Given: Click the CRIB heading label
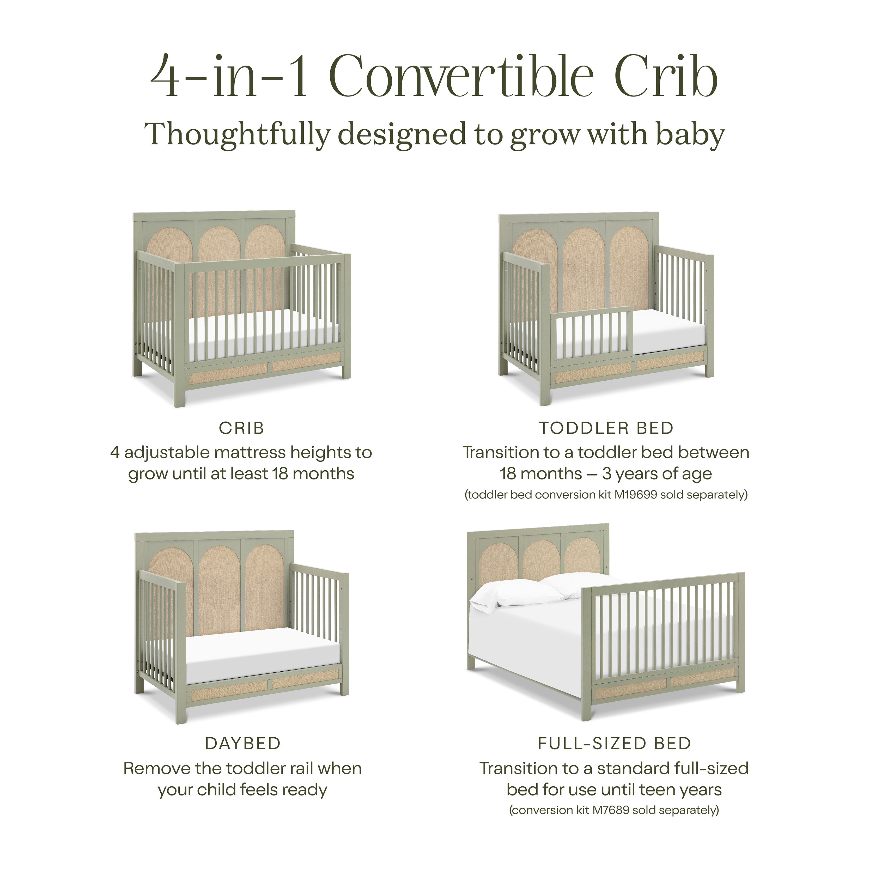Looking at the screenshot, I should tap(241, 428).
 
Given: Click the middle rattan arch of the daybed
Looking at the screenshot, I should tap(220, 589).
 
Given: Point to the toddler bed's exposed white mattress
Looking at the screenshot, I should tap(666, 331).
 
